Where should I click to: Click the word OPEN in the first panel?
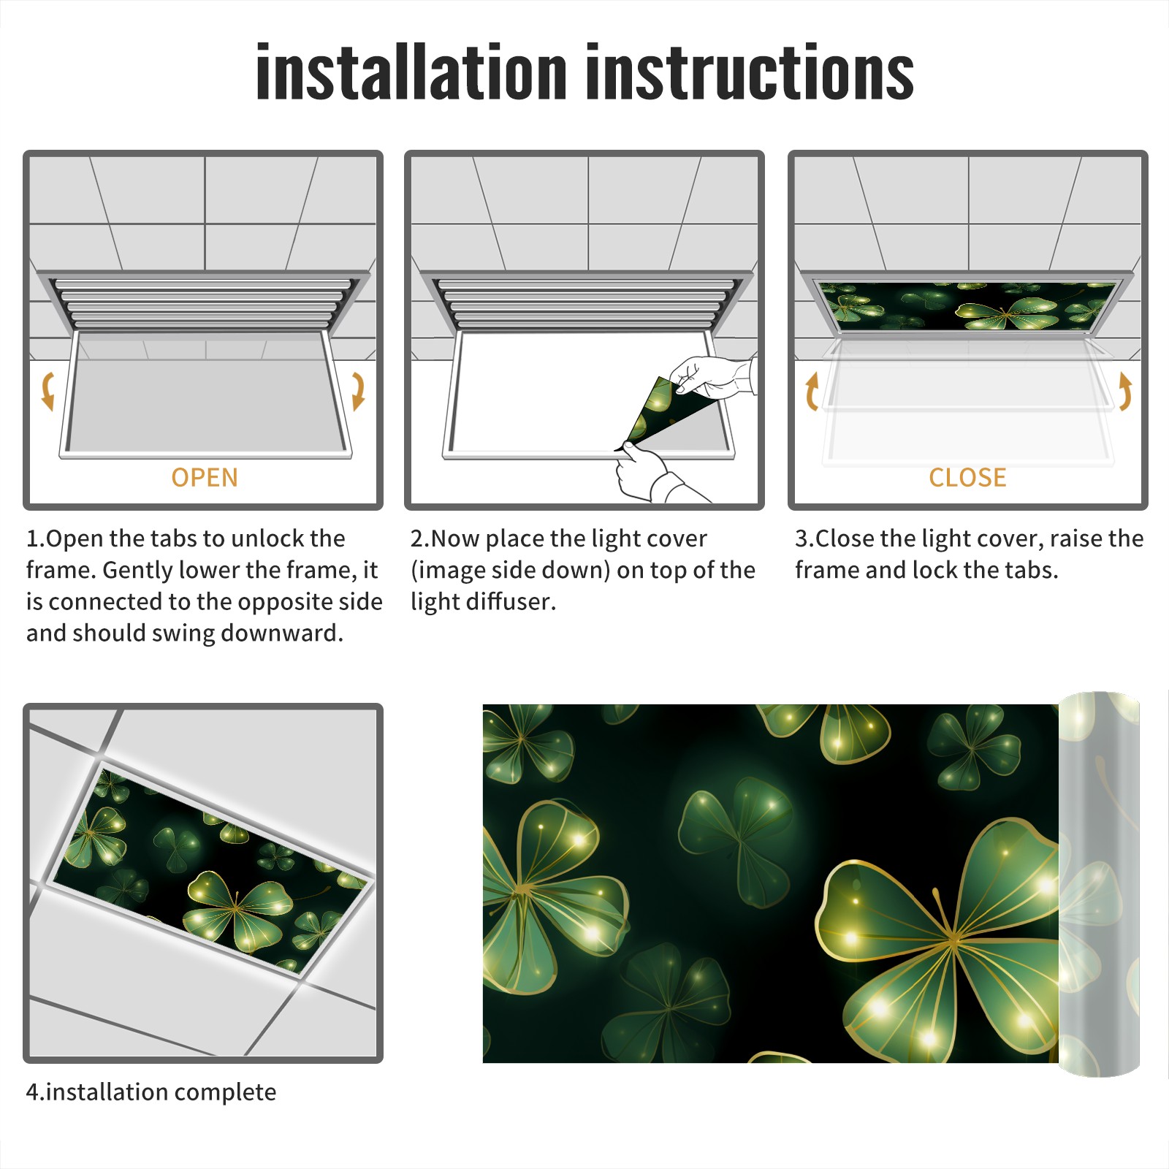[x=205, y=478]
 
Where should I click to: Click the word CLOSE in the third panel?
[x=967, y=478]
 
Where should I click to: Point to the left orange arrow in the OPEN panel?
[x=47, y=391]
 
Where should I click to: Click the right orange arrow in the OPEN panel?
[x=358, y=391]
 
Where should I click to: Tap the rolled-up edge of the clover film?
[x=1099, y=884]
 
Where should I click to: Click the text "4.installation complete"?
[x=151, y=1092]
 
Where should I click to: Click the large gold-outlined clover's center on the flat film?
[x=953, y=938]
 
